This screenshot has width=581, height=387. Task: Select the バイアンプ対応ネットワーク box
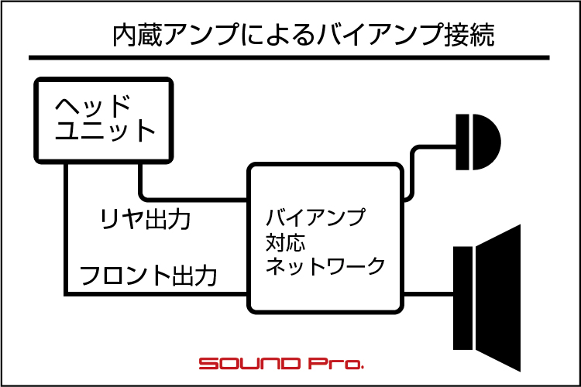click(x=325, y=238)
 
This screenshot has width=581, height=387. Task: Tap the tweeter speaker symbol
click(x=478, y=142)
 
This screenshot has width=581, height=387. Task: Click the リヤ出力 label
click(x=145, y=219)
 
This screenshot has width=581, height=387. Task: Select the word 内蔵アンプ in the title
click(x=159, y=36)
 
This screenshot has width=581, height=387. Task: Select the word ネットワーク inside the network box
click(x=325, y=266)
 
